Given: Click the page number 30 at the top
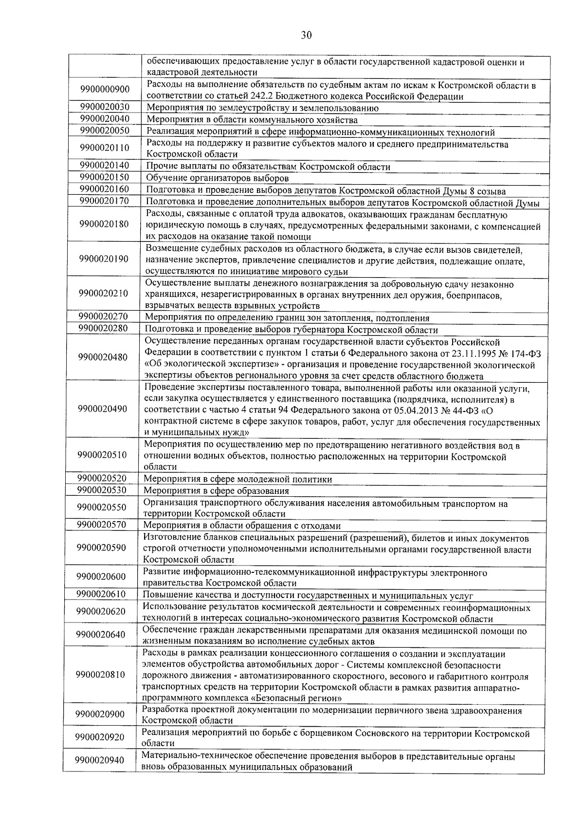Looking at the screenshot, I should click(x=306, y=35).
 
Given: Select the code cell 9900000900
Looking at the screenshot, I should click(x=105, y=90).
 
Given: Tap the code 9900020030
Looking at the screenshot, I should click(x=105, y=107).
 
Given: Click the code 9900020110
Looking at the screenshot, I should click(x=105, y=148).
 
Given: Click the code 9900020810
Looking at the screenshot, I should click(x=101, y=675).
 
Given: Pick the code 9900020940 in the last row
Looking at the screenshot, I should click(x=100, y=761).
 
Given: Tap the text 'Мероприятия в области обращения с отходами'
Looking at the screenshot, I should click(x=241, y=526).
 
